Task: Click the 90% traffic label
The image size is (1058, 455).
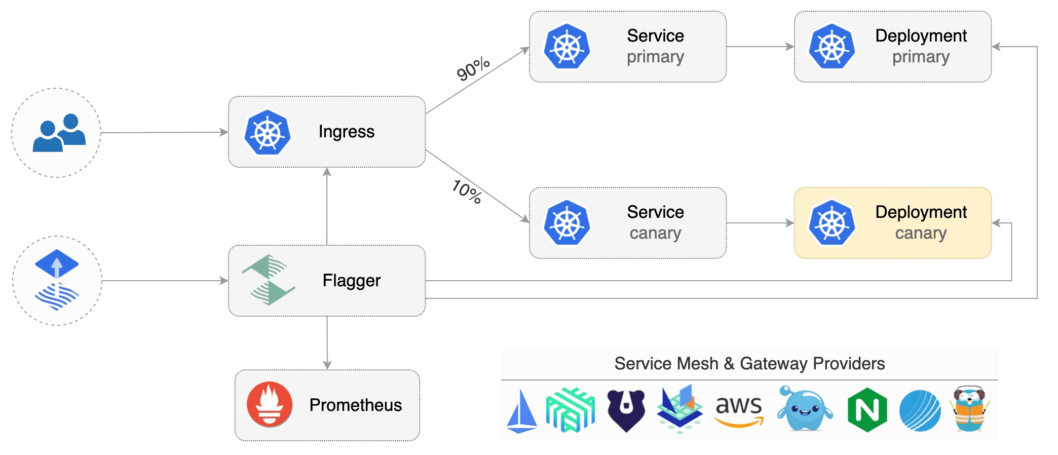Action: point(473,69)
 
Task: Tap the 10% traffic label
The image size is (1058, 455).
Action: point(467,192)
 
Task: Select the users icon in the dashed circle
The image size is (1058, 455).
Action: point(59,133)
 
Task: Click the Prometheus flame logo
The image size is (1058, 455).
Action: point(270,404)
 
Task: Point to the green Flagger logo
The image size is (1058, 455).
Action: point(268,280)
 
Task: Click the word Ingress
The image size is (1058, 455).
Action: point(347,132)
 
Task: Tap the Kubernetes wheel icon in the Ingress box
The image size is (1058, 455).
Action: point(268,132)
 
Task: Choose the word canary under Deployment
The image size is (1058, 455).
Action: point(921,234)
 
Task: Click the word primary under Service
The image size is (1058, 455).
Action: point(655,57)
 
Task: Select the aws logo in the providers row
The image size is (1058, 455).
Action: point(739,409)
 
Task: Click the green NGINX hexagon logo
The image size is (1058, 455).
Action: point(867,409)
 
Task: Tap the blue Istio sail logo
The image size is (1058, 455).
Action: point(521,411)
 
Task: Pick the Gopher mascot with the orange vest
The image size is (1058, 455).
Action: point(969,409)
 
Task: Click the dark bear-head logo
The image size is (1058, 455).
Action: point(626,410)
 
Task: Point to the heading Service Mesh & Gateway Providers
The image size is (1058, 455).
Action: point(749,364)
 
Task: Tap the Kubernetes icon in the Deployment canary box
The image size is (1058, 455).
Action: point(832,223)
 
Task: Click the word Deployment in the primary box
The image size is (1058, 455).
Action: point(921,36)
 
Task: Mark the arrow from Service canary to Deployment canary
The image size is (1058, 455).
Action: point(760,223)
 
